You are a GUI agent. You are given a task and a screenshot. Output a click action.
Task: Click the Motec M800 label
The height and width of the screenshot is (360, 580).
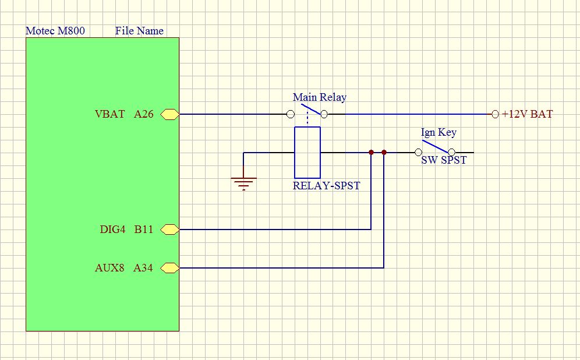[x=55, y=31]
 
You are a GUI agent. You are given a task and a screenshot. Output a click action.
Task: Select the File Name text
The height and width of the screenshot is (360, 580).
[x=139, y=31]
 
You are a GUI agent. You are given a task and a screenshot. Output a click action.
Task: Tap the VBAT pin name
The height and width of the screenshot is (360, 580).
[x=109, y=114]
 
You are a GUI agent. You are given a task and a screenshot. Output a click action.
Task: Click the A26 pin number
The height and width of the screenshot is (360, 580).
[x=144, y=114]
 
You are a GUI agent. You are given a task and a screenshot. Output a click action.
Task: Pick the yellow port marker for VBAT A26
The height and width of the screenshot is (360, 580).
[x=169, y=114]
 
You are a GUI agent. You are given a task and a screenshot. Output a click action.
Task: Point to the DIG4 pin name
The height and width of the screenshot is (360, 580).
[x=112, y=230]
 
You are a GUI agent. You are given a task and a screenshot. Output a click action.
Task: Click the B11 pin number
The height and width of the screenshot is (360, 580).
[x=144, y=230]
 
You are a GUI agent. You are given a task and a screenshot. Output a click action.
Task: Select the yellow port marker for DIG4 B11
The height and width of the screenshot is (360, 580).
[x=169, y=230]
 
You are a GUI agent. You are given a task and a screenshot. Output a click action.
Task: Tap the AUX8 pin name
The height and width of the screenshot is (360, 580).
[x=109, y=268]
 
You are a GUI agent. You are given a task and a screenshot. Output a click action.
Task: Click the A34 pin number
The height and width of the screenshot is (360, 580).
[x=143, y=268]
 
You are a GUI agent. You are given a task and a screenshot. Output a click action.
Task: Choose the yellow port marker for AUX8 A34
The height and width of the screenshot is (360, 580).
[x=169, y=268]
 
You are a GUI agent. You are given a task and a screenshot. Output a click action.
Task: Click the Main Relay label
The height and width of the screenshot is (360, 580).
[x=319, y=97]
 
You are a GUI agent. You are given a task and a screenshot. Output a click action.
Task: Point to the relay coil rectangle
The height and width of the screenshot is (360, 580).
[x=307, y=153]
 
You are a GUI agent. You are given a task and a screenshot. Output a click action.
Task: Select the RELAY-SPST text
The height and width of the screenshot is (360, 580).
[x=326, y=186]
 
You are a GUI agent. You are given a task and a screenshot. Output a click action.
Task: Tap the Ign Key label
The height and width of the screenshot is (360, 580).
[x=438, y=133]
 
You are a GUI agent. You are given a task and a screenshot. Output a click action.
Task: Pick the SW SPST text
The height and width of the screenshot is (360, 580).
[x=444, y=160]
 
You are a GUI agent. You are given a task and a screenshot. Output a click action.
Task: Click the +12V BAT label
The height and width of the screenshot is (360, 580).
[x=527, y=114]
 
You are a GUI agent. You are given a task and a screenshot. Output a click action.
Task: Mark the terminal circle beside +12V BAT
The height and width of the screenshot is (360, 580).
[x=495, y=114]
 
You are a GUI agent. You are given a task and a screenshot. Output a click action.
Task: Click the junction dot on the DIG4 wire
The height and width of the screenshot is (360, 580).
[x=371, y=153]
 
